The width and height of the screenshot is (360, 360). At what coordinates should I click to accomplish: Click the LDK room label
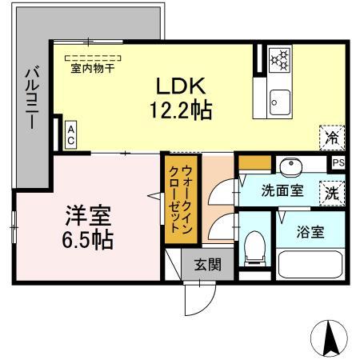point(189,85)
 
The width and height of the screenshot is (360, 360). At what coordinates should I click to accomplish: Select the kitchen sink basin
point(279,102)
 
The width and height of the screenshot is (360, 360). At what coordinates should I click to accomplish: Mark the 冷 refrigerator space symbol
point(331,137)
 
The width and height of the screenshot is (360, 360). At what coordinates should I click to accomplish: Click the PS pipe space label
point(338,162)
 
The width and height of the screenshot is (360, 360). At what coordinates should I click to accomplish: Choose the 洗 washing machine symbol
point(331,192)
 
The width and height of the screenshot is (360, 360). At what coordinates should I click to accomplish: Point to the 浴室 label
point(311,233)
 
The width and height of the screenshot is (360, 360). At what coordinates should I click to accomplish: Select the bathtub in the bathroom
point(310,264)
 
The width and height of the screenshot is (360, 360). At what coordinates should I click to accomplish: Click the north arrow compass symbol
point(331,338)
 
